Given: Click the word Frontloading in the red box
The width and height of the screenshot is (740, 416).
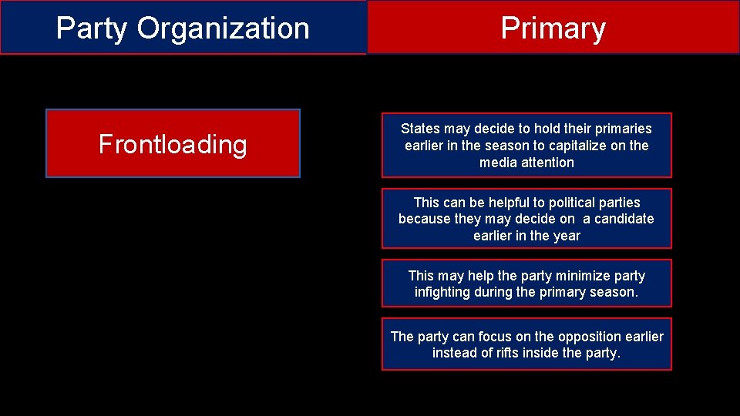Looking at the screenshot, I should click(x=173, y=144).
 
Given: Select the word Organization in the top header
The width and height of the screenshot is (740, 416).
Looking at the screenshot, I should click(x=224, y=29).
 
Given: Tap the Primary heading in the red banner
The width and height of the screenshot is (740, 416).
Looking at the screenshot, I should click(x=553, y=29).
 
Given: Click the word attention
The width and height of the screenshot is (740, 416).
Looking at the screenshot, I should click(x=547, y=163).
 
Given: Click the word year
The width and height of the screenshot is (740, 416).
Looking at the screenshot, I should click(x=567, y=236).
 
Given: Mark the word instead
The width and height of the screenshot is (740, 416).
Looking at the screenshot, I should click(x=454, y=354).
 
